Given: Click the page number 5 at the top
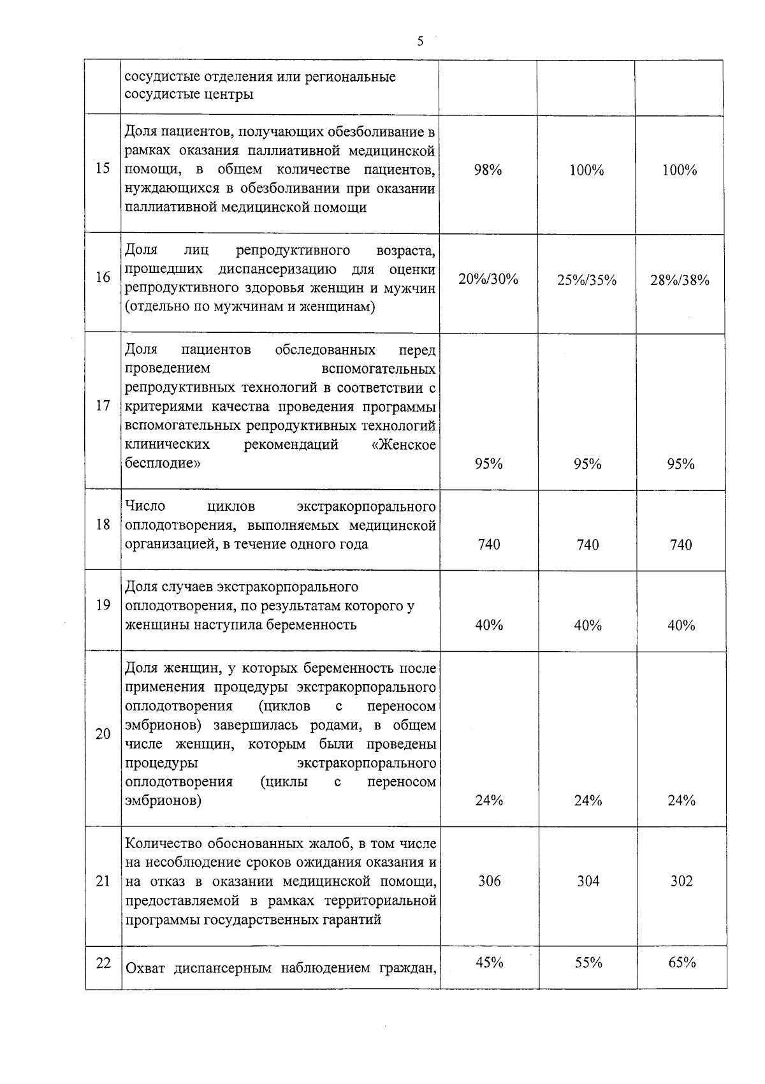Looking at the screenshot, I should pyautogui.click(x=419, y=42).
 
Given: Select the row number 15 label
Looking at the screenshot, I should pyautogui.click(x=103, y=169).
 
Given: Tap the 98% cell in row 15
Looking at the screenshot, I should pyautogui.click(x=488, y=170).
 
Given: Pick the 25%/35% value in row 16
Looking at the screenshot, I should pyautogui.click(x=586, y=280).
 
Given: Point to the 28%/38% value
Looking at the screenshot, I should pyautogui.click(x=680, y=280).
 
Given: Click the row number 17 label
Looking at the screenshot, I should pyautogui.click(x=103, y=406).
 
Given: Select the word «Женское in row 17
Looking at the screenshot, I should pyautogui.click(x=404, y=444).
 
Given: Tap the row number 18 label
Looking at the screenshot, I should pyautogui.click(x=103, y=525).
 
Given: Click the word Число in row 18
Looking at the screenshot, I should pyautogui.click(x=145, y=506).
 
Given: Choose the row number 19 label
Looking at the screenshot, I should pyautogui.click(x=103, y=605).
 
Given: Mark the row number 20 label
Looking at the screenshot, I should pyautogui.click(x=103, y=734).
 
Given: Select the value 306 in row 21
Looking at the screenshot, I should pyautogui.click(x=489, y=881).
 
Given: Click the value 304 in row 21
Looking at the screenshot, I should pyautogui.click(x=587, y=881).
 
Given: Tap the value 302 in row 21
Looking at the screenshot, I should pyautogui.click(x=681, y=881).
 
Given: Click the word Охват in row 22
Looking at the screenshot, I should pyautogui.click(x=145, y=969).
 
